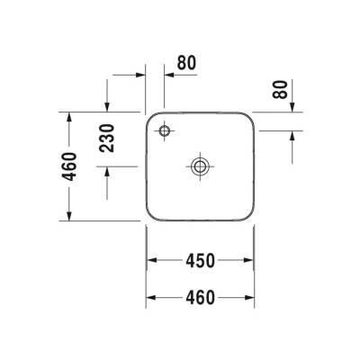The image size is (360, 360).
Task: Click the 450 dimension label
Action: (x=200, y=261)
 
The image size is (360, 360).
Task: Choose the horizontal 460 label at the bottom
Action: (x=200, y=296)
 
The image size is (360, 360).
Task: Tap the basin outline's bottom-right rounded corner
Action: (x=245, y=214)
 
